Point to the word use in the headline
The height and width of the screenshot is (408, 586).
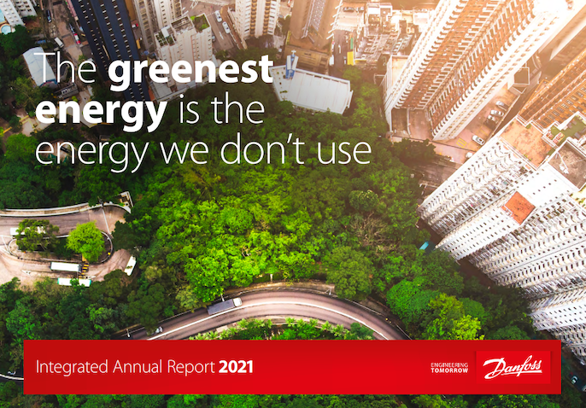pyautogui.click(x=343, y=152)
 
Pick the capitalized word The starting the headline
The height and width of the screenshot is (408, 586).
pyautogui.click(x=66, y=68)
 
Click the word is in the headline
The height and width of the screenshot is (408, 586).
pyautogui.click(x=189, y=110)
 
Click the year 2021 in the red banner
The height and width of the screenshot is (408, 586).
pyautogui.click(x=236, y=367)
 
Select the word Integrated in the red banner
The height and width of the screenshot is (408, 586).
pyautogui.click(x=72, y=367)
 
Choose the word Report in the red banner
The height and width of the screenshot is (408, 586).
pyautogui.click(x=191, y=367)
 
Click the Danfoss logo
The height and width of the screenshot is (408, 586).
pyautogui.click(x=513, y=367)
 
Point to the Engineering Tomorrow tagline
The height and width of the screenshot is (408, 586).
pyautogui.click(x=449, y=368)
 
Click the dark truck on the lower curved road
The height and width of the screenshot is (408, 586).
pyautogui.click(x=224, y=306)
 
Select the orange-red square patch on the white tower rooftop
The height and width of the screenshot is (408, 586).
pyautogui.click(x=519, y=207)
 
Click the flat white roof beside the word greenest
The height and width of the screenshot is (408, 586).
pyautogui.click(x=312, y=90)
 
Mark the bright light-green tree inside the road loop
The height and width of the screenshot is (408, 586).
pyautogui.click(x=85, y=242)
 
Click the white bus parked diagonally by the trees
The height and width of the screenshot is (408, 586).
pyautogui.click(x=130, y=265)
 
